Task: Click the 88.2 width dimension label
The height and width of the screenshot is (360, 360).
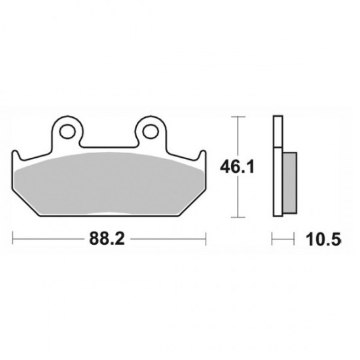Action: pyautogui.click(x=107, y=238)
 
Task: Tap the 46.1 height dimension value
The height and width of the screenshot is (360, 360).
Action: pyautogui.click(x=237, y=167)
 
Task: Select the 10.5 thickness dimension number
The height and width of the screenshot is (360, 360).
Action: pyautogui.click(x=323, y=240)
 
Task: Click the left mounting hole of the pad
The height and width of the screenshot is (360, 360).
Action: pyautogui.click(x=67, y=132)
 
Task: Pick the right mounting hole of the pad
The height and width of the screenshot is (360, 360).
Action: pyautogui.click(x=151, y=132)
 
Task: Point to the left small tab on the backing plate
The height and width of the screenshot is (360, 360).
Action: pyautogui.click(x=16, y=155)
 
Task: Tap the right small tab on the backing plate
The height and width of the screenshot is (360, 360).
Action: pyautogui.click(x=202, y=155)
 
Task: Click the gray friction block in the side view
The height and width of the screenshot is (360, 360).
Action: pyautogui.click(x=289, y=183)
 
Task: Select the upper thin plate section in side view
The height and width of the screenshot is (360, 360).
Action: pyautogui.click(x=278, y=132)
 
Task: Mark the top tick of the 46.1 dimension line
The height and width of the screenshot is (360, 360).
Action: pyautogui.click(x=238, y=117)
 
